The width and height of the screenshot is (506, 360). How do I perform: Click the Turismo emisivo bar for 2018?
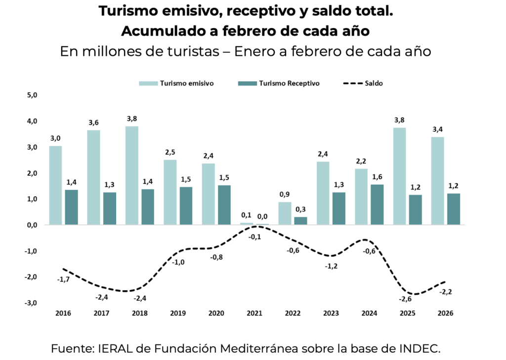(131, 175)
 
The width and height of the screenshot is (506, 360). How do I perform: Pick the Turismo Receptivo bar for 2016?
(72, 207)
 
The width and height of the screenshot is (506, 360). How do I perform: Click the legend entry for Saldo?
(363, 83)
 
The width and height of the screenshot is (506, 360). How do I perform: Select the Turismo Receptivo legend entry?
(279, 83)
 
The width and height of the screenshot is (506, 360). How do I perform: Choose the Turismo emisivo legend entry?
(176, 83)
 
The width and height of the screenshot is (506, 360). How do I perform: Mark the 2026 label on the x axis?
(445, 314)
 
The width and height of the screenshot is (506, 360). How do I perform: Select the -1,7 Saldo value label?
(63, 280)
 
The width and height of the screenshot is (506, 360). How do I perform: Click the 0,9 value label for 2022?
(285, 194)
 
